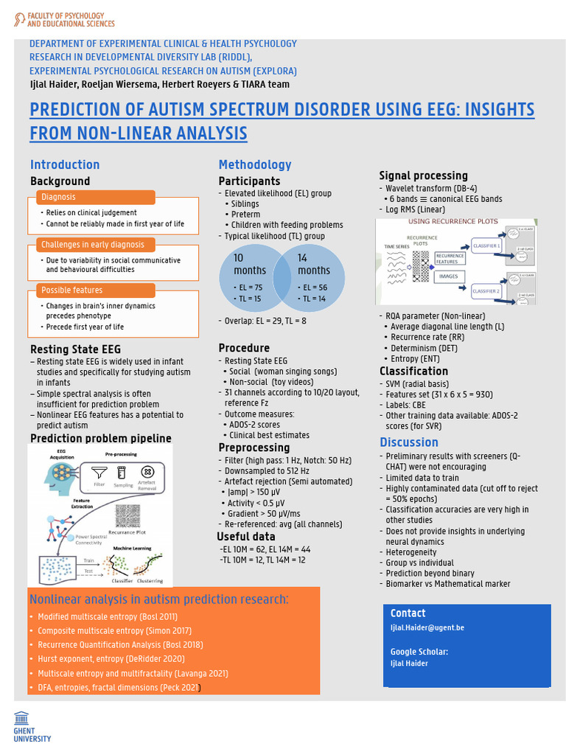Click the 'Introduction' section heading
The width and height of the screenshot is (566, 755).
point(65,164)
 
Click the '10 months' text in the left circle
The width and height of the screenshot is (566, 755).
point(250,264)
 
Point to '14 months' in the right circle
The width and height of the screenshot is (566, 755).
point(313,264)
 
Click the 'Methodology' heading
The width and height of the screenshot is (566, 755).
point(255,164)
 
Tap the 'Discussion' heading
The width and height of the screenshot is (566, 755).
point(409,442)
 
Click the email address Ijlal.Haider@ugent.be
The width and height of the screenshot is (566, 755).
point(427,627)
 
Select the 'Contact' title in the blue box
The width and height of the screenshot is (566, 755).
point(408,613)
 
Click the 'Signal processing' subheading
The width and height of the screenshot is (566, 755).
point(423,175)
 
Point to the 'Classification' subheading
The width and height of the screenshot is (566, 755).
point(413,371)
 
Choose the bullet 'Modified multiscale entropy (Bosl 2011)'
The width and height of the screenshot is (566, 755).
point(107,616)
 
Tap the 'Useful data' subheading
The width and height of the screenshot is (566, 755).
point(246,536)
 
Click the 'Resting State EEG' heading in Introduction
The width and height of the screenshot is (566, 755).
point(75,349)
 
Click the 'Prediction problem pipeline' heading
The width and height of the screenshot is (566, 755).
point(100,439)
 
